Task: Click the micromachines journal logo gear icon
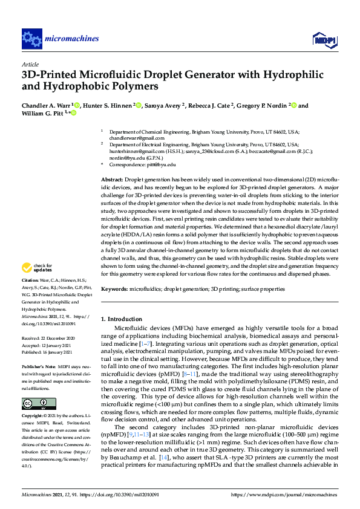coord(31,39)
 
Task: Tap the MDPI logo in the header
coord(324,39)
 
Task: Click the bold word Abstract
coord(111,180)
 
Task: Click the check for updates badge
coord(38,267)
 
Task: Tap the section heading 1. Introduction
coord(121,319)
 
